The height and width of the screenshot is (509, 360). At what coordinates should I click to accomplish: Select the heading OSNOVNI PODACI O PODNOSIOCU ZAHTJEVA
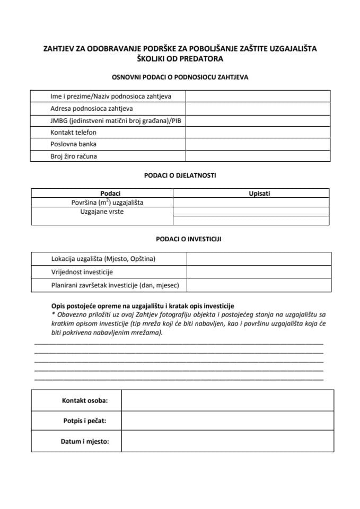180,77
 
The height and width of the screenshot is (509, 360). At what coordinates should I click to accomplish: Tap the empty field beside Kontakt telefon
258,132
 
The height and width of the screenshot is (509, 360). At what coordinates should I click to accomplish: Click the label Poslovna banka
74,144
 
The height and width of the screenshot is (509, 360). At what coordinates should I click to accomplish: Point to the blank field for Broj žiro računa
258,156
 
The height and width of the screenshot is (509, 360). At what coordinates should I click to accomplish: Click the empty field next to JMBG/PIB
258,120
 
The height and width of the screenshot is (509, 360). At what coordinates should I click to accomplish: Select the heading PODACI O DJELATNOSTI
180,174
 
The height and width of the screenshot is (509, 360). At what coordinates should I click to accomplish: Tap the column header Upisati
259,194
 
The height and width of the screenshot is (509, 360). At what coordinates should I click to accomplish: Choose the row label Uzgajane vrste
102,212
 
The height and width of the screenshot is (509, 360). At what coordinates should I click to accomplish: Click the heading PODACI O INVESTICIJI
180,239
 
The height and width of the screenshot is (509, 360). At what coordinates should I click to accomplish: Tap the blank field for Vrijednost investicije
259,272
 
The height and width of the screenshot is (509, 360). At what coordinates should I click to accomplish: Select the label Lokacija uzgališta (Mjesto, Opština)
103,259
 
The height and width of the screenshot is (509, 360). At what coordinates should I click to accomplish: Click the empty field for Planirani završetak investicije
259,285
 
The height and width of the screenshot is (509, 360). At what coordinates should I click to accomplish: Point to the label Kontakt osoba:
85,400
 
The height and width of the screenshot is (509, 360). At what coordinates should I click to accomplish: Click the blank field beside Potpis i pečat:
227,420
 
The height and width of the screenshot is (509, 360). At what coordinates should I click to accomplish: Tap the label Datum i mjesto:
85,441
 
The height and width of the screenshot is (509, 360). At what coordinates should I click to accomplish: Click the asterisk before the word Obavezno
53,314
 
